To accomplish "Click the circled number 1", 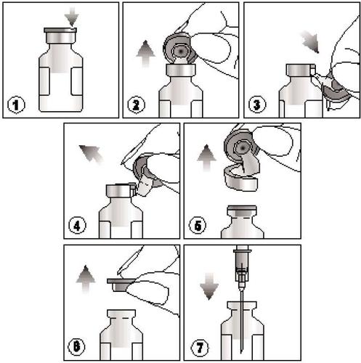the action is click(16, 105).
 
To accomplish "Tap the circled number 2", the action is click(136, 105).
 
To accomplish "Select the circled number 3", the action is click(257, 105).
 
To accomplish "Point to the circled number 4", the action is click(77, 226).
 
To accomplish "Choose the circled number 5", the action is click(198, 226).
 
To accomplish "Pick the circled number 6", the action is click(77, 346).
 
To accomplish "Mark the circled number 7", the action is click(200, 348).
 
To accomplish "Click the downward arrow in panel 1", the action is click(72, 17).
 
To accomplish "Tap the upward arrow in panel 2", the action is click(145, 53).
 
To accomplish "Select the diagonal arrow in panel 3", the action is click(310, 42).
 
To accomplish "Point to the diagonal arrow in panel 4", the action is click(91, 155).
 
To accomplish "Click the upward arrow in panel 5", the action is click(206, 158).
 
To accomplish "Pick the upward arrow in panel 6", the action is click(86, 279).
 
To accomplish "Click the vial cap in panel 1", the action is click(60, 36).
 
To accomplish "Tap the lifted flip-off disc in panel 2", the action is click(179, 49).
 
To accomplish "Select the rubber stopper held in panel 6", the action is click(121, 285).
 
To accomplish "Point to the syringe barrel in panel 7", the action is click(242, 264).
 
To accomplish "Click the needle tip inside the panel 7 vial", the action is click(242, 353).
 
